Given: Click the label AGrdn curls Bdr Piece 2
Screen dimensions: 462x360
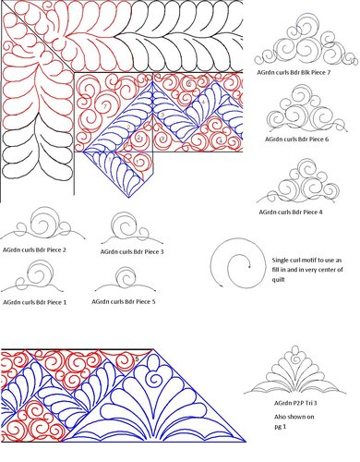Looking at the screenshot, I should coord(39,249).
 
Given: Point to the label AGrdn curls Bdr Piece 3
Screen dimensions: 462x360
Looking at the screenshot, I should coord(132,250).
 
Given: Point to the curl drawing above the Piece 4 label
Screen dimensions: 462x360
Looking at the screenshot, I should coord(305,183).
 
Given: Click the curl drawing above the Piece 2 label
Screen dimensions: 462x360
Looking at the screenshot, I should coord(42,226).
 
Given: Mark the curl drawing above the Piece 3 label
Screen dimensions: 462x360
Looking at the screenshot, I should coord(129,227).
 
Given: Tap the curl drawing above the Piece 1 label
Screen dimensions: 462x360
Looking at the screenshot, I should coord(37,277).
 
